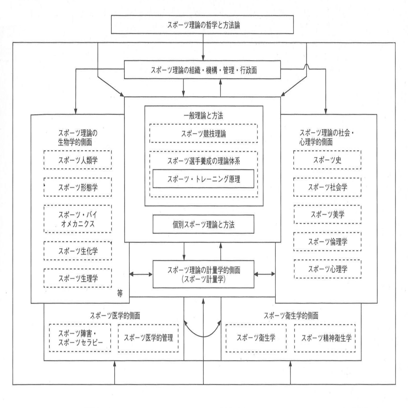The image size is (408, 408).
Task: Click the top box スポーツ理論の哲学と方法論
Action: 203,24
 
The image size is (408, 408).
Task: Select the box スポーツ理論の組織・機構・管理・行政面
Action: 203,70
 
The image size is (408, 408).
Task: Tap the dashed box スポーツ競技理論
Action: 203,134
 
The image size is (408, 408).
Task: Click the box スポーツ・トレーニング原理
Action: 203,179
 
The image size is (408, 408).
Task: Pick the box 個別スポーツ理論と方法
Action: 203,224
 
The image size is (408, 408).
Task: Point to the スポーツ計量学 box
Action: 203,274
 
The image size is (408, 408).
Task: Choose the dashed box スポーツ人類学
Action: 78,160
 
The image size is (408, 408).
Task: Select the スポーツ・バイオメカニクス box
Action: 78,219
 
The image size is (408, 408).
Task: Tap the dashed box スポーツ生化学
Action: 78,250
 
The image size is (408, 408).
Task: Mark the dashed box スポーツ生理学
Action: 78,278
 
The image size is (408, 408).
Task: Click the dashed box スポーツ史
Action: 327,160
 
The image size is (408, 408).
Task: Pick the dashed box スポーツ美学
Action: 327,214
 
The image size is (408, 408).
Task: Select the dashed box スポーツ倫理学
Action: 327,242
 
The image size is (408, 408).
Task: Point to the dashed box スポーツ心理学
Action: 327,269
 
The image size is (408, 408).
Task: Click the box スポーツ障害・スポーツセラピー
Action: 80,338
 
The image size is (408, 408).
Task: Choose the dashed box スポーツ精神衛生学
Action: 325,338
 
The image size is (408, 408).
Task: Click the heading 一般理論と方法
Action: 203,116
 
